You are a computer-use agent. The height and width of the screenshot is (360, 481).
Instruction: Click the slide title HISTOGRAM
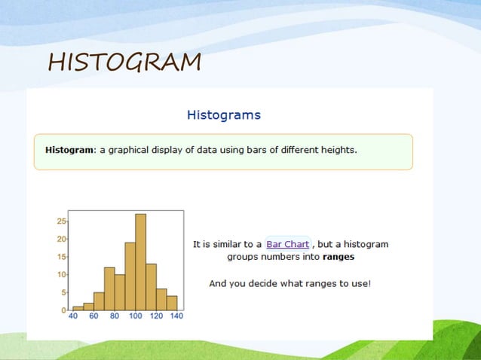click(x=124, y=62)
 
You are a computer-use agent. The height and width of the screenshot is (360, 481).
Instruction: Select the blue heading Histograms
click(x=223, y=115)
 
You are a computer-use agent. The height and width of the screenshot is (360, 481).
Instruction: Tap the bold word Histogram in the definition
click(x=70, y=149)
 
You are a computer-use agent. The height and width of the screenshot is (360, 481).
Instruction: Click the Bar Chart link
click(x=287, y=244)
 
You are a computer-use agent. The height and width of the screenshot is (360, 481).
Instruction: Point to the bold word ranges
click(x=338, y=257)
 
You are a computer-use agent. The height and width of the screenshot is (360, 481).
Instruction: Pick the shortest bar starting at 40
click(x=78, y=307)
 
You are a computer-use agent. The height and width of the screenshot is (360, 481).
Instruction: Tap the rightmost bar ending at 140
click(x=172, y=303)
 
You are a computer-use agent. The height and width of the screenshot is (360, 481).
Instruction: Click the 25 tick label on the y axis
click(x=60, y=222)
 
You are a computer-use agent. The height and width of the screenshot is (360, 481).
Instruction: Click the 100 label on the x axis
click(x=135, y=316)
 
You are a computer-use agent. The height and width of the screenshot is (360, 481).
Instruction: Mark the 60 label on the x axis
click(x=93, y=316)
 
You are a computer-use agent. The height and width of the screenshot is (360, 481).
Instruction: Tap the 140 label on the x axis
click(x=176, y=316)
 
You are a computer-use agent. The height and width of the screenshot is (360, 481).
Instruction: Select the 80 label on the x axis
click(x=115, y=316)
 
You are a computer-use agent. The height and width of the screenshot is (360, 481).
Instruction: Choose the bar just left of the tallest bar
click(x=130, y=276)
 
